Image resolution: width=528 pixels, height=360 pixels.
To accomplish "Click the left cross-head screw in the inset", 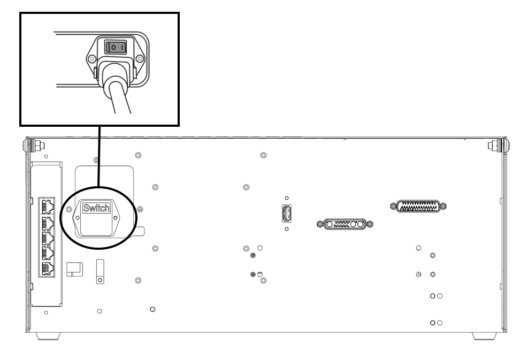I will [92, 58].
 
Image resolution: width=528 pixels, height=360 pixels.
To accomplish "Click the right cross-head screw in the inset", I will [140, 58].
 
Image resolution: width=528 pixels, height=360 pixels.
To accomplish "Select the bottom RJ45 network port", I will [46, 269].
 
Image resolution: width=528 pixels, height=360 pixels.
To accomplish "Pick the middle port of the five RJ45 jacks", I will [46, 237].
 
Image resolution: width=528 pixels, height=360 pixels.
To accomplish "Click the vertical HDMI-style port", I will [287, 213].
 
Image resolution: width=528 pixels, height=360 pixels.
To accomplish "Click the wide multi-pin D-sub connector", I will [418, 205].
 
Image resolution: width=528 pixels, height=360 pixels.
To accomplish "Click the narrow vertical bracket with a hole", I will [100, 271].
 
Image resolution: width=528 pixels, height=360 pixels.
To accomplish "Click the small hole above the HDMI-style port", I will [287, 198].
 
